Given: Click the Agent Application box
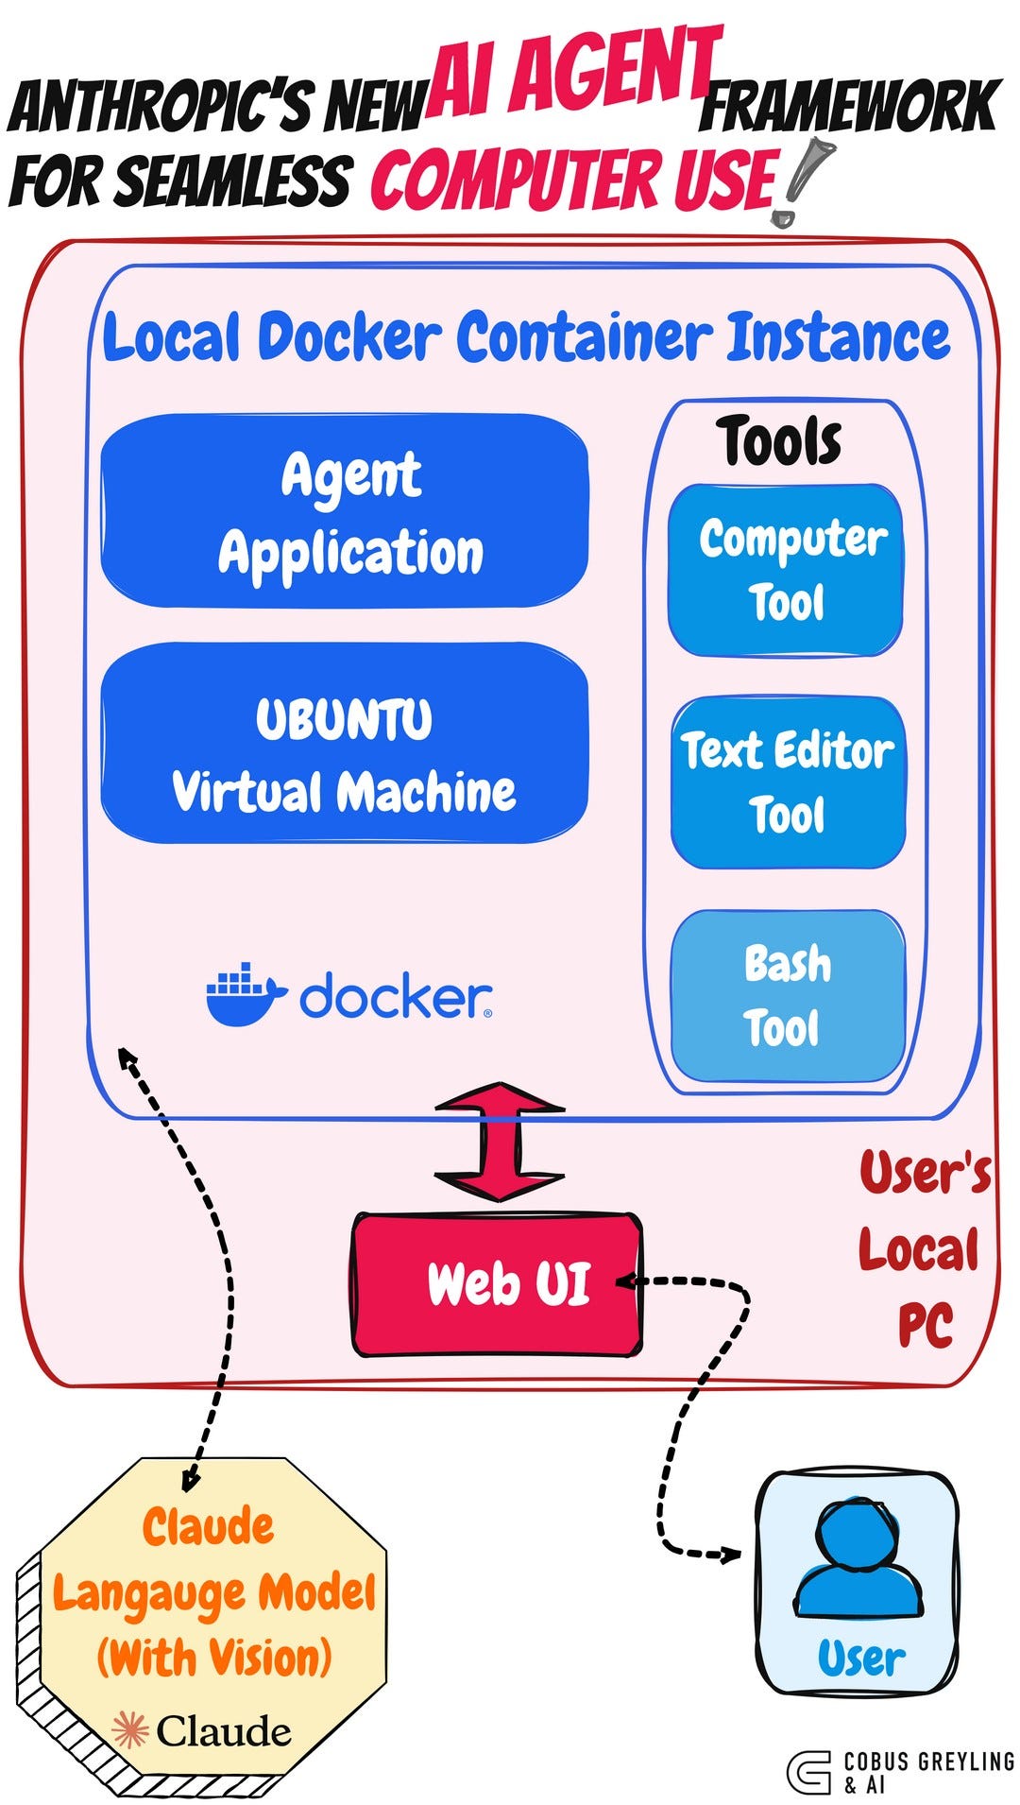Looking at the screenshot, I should (345, 510).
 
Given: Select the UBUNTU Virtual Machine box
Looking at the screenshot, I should (345, 744).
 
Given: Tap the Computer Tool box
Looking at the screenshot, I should (786, 570).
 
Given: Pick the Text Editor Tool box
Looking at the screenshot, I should (788, 782).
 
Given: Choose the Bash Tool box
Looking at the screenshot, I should (788, 995).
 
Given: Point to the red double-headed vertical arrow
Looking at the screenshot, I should (500, 1142).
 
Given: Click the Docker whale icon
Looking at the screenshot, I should (244, 995).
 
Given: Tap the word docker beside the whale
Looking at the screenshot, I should (396, 996).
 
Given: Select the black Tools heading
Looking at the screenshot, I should (779, 441).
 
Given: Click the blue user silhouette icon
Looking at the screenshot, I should (858, 1561).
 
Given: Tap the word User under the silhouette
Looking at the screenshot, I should (860, 1658).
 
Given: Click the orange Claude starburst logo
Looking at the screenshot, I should (130, 1731).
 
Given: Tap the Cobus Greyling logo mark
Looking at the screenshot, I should (808, 1772).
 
